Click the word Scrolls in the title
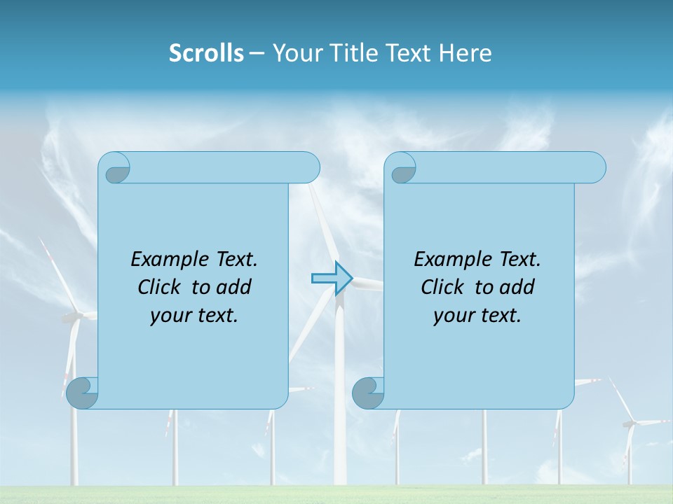tap(206, 53)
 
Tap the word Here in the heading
tap(465, 53)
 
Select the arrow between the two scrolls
tap(332, 278)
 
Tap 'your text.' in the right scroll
tap(477, 315)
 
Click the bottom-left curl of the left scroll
tap(83, 393)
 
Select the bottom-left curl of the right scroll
tap(368, 393)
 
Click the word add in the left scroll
tap(234, 287)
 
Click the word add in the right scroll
tap(517, 287)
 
